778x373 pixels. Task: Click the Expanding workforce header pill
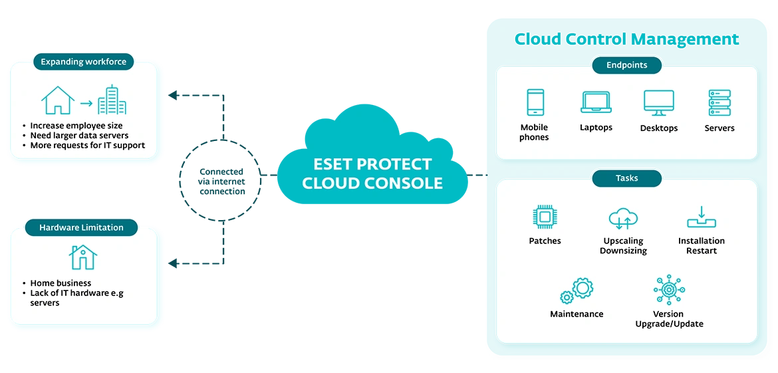84,62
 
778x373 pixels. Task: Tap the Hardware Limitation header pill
81,227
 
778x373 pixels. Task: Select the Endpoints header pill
626,65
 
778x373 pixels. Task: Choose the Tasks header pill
626,178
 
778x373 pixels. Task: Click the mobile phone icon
535,103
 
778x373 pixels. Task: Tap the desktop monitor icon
658,104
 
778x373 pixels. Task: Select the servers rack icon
719,103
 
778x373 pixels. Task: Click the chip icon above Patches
545,217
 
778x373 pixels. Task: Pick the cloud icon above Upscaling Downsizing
623,219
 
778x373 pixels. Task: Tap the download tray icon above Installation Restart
701,217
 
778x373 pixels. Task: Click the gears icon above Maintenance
577,291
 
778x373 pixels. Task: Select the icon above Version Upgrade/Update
668,291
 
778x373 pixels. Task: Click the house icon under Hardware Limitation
83,257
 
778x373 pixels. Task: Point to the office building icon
112,100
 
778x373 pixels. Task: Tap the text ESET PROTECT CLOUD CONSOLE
372,174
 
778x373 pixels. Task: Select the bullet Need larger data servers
79,136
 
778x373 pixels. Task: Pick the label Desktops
658,128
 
